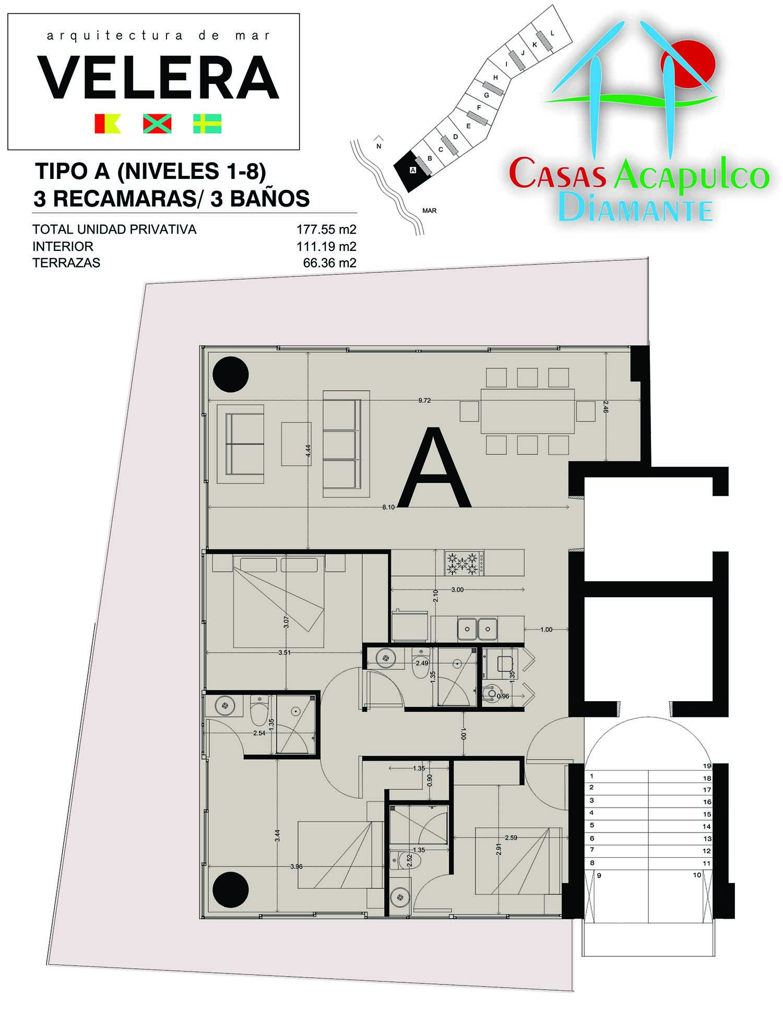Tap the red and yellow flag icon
[x=108, y=124]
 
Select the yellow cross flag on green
[x=207, y=124]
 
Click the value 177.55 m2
[x=326, y=230]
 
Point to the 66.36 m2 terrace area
[x=329, y=263]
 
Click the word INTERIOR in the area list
[x=63, y=246]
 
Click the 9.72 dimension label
[x=424, y=401]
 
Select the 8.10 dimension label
[x=388, y=507]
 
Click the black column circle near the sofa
[x=230, y=374]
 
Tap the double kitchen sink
[x=477, y=629]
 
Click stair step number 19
[x=707, y=766]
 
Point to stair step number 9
[x=599, y=875]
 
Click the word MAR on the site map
[x=429, y=211]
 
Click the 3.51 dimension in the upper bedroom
[x=284, y=653]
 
